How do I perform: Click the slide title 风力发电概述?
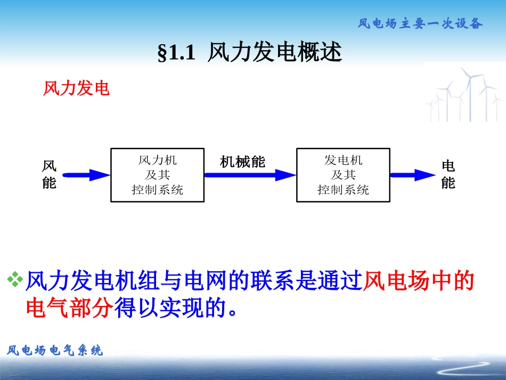(x=274, y=53)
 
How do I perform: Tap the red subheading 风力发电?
(x=76, y=88)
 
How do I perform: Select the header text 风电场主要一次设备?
(x=420, y=23)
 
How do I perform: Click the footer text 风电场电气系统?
(x=55, y=350)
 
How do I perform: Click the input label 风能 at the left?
(x=49, y=175)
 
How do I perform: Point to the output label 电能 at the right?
(x=448, y=175)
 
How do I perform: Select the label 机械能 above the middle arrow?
(x=242, y=162)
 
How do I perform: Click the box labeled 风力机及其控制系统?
(x=157, y=175)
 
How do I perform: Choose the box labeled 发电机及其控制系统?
(x=342, y=175)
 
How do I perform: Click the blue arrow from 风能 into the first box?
(x=85, y=175)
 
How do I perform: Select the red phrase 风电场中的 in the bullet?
(x=418, y=281)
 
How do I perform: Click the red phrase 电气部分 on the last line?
(x=70, y=308)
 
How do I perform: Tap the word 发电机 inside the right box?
(x=343, y=160)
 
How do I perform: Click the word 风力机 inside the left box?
(x=157, y=160)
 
